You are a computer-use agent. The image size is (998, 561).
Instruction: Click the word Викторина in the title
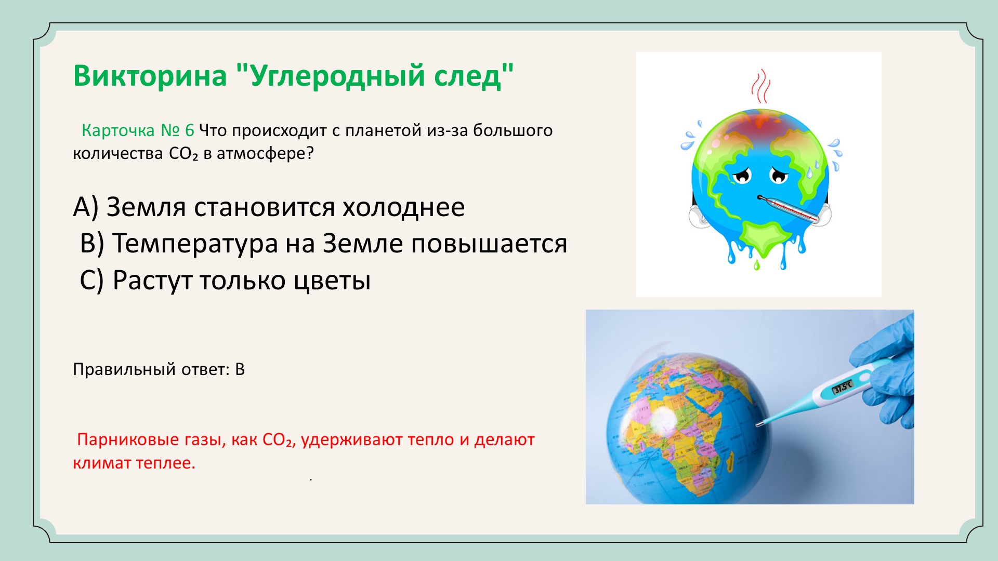150,75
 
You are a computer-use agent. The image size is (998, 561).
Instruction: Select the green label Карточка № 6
138,130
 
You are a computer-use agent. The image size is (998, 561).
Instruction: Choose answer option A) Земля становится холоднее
269,207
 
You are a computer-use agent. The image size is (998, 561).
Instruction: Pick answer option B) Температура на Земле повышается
323,243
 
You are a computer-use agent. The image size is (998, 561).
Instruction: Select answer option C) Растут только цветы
225,280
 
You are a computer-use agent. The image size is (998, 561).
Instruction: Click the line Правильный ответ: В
159,369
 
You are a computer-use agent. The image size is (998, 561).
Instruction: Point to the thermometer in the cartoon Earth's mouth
789,210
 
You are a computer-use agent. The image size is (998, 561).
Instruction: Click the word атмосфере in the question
265,154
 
